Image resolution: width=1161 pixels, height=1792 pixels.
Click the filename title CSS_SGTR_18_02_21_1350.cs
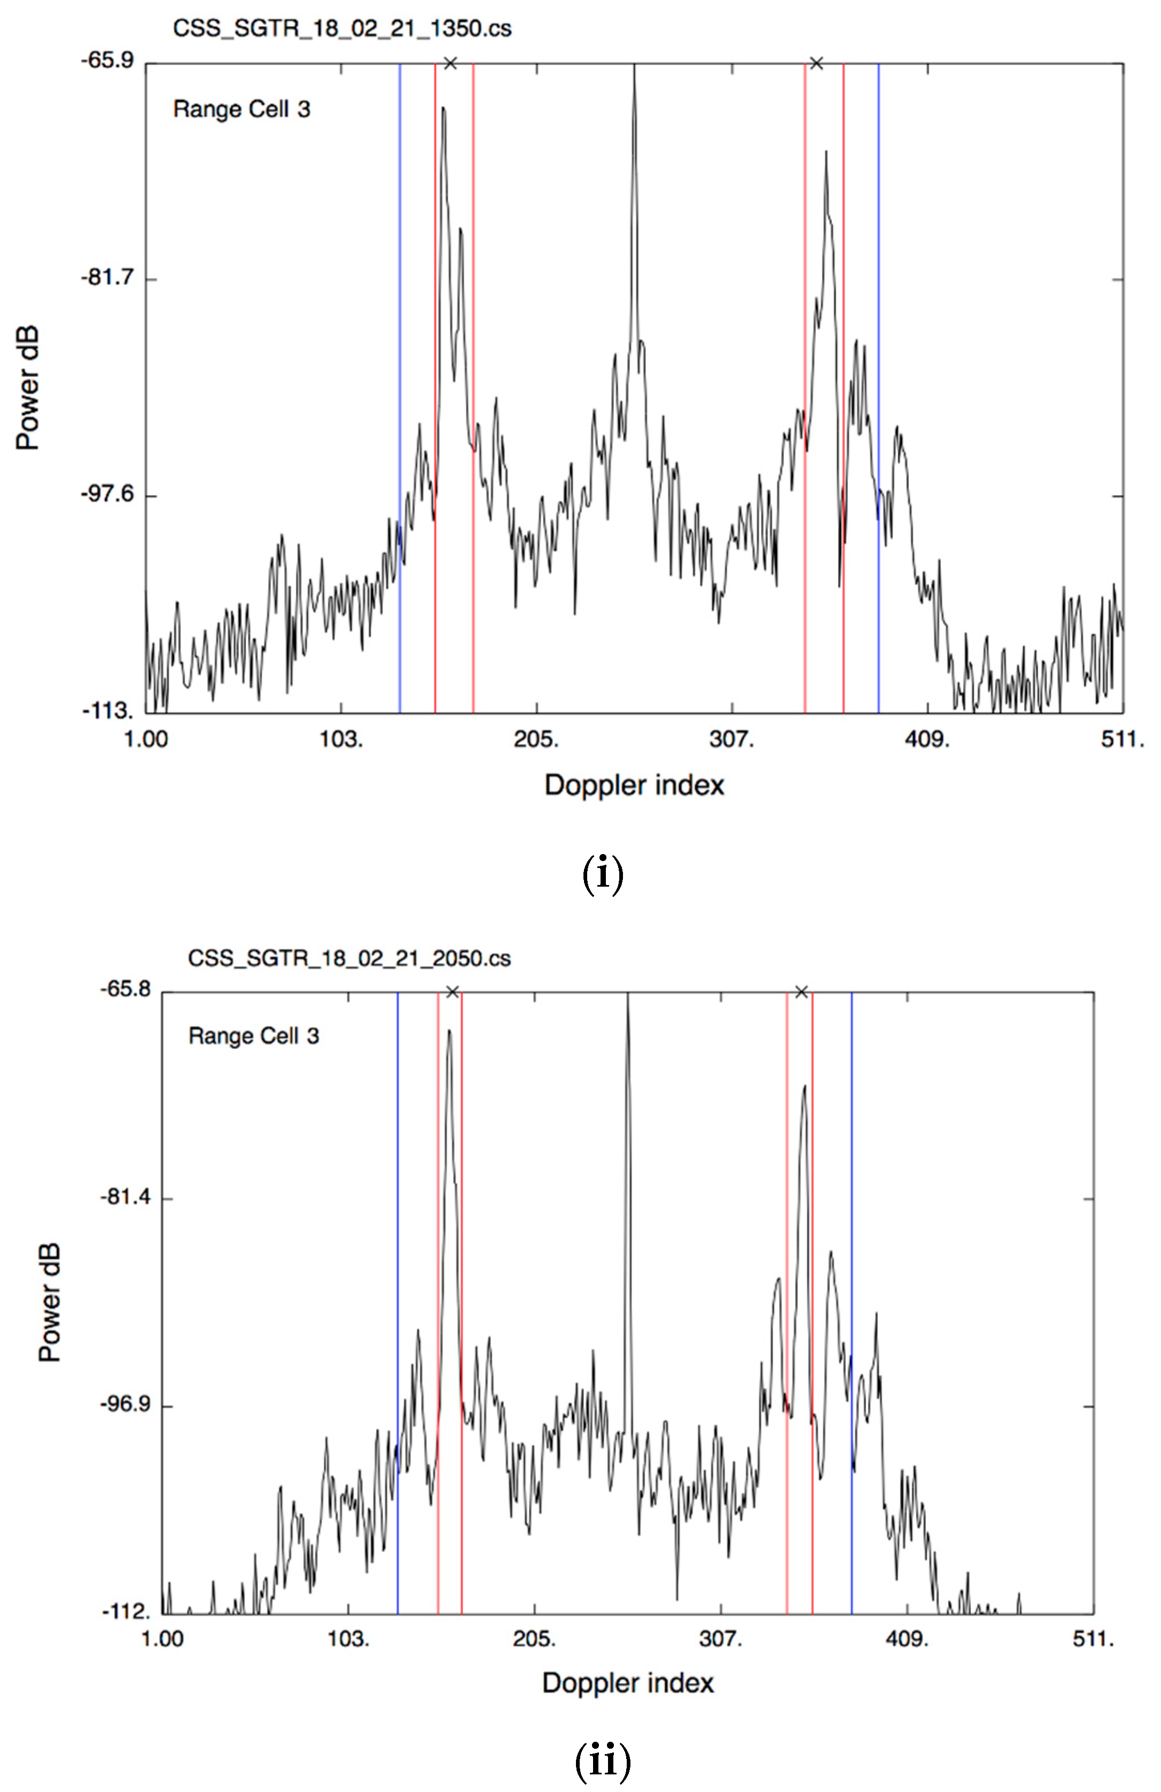(342, 29)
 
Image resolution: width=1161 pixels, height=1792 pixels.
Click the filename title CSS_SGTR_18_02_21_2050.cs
(348, 959)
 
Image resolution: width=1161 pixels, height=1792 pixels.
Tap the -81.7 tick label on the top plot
(107, 277)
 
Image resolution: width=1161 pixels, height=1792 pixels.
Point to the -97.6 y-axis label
(107, 494)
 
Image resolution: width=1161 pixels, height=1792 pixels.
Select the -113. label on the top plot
(107, 711)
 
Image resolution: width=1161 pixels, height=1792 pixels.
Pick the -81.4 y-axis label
(125, 1196)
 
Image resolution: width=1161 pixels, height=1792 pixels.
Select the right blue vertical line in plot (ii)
(852, 1280)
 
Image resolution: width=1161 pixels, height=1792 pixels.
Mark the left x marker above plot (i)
(450, 63)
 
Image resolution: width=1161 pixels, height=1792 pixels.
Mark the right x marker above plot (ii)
(801, 992)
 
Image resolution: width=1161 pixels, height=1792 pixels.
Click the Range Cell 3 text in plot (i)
(241, 110)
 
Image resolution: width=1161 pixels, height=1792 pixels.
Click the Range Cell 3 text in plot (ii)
(254, 1036)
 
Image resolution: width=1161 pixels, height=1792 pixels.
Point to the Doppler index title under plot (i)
(634, 785)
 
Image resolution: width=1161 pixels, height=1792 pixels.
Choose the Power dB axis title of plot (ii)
(50, 1303)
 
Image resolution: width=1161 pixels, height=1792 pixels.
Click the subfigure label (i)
(602, 875)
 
